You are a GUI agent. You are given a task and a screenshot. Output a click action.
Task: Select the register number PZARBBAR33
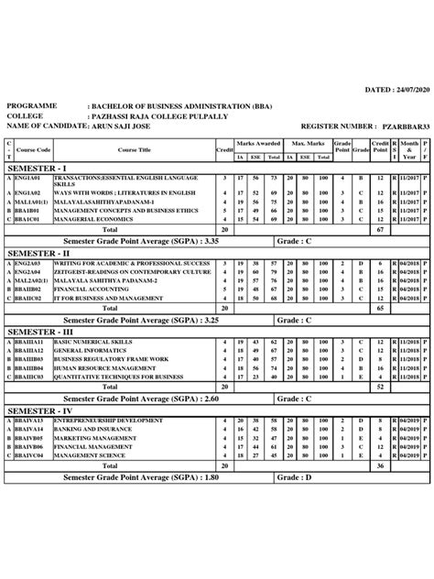pyautogui.click(x=400, y=125)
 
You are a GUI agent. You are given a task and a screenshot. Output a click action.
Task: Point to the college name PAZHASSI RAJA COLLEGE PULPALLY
pyautogui.click(x=154, y=115)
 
